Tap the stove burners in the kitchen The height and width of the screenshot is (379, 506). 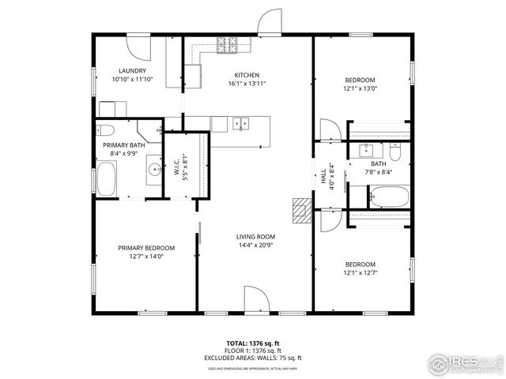click(x=228, y=46)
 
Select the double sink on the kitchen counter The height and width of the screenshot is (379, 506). click(x=240, y=122)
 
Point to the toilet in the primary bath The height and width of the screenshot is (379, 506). click(x=108, y=129)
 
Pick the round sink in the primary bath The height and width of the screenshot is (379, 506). click(x=153, y=169)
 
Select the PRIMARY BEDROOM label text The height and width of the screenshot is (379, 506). click(x=146, y=247)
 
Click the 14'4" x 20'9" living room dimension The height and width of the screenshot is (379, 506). click(x=255, y=246)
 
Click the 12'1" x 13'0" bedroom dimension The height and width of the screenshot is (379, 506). click(x=360, y=88)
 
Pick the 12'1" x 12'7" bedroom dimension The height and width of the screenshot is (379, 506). click(x=360, y=273)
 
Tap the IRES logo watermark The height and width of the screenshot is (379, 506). click(x=463, y=363)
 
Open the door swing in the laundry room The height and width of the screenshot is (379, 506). click(x=139, y=49)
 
